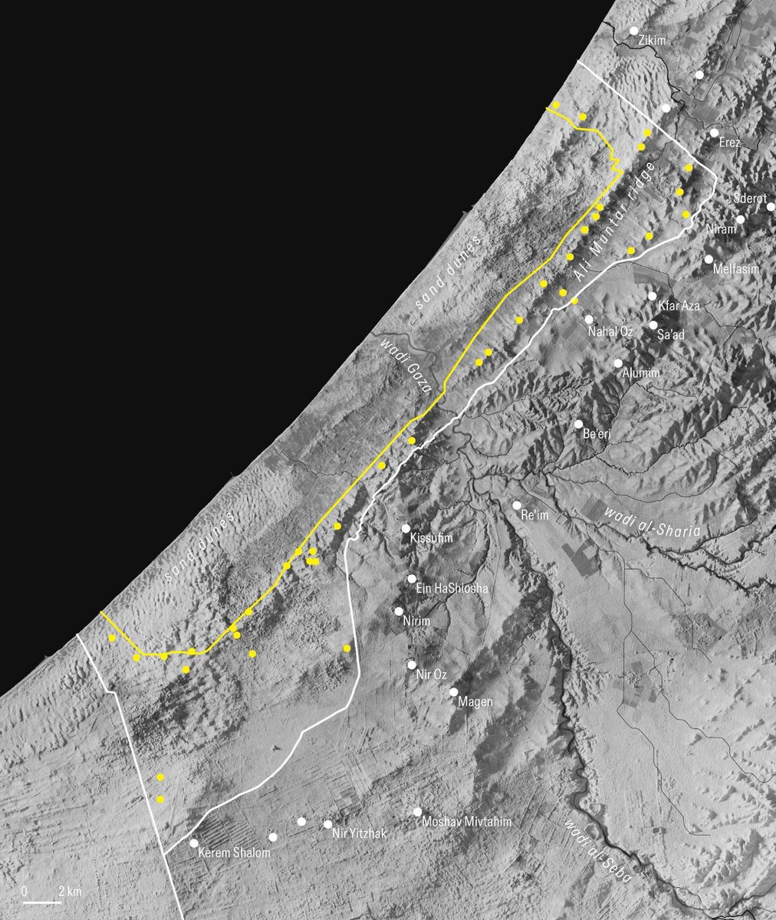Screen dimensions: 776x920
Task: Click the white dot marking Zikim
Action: click(634, 31)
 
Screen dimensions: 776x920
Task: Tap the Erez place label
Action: click(729, 143)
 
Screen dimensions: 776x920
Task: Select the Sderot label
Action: click(750, 198)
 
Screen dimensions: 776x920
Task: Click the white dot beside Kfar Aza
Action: click(652, 296)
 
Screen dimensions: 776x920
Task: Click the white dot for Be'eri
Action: click(578, 424)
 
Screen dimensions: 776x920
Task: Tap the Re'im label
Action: click(535, 516)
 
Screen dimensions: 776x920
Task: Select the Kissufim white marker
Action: click(406, 528)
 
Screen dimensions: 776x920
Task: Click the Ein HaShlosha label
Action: click(450, 589)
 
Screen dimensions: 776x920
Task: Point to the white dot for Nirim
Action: click(398, 611)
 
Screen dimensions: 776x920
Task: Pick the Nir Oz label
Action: click(431, 675)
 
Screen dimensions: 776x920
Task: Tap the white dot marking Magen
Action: click(454, 692)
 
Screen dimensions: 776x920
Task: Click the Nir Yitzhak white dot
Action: click(328, 824)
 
